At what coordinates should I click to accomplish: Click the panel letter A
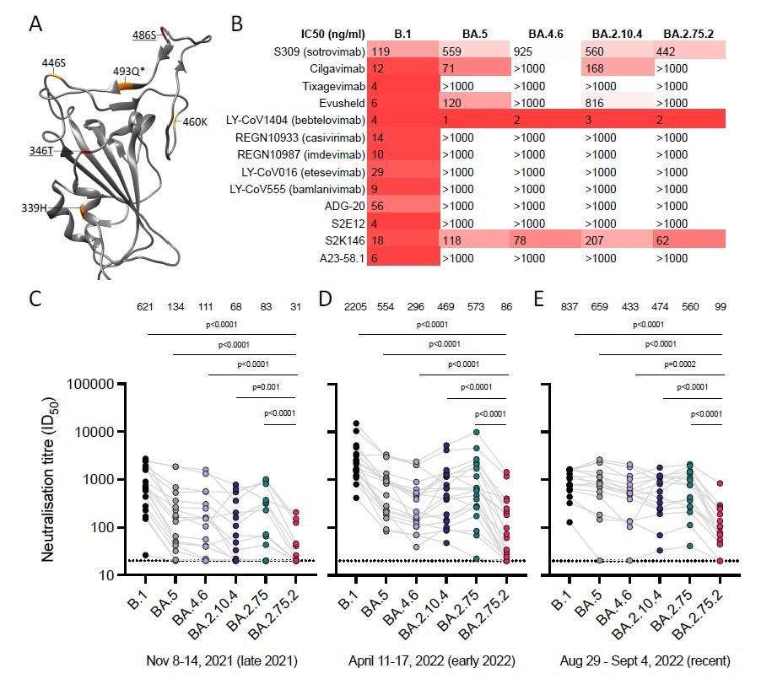click(36, 24)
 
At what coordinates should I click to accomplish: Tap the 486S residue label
click(144, 35)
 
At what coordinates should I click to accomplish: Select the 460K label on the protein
click(194, 121)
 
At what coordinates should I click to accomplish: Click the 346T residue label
click(40, 151)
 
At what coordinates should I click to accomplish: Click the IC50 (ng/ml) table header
click(333, 34)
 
